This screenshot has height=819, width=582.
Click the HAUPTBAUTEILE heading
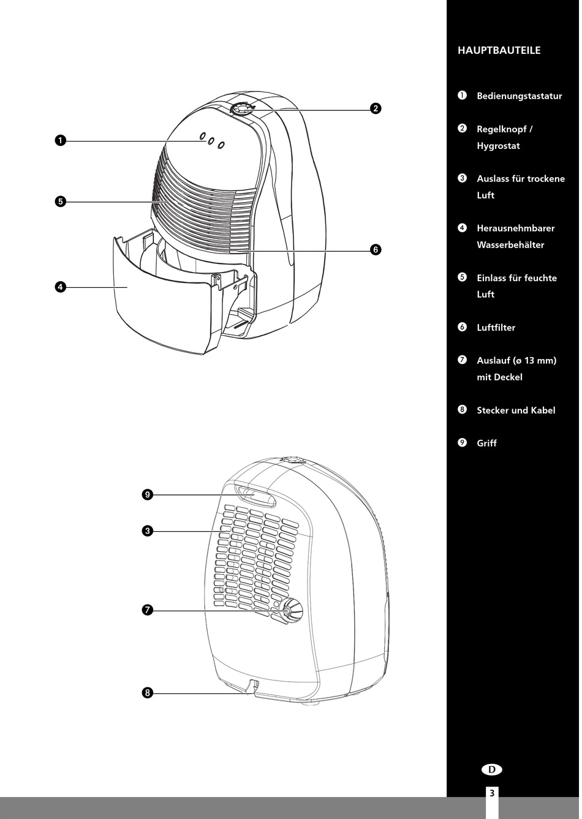[499, 51]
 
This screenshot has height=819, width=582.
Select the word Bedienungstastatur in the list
[519, 96]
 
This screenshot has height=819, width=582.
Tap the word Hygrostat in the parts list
[498, 146]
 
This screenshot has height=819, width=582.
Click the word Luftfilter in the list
[496, 328]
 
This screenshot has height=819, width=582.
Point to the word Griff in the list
[486, 443]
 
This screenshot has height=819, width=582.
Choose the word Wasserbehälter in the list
[510, 245]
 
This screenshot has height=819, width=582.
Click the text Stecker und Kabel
[516, 410]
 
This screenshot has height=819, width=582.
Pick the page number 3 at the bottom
[491, 793]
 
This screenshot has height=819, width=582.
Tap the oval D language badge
[491, 770]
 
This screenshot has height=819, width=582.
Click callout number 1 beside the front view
[60, 141]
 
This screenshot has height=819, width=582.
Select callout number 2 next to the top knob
[376, 109]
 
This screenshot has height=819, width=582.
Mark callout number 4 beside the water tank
[60, 287]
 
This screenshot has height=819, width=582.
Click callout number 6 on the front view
[376, 249]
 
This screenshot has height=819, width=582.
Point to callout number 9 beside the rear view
[147, 495]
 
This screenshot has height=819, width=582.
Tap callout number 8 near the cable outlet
[147, 693]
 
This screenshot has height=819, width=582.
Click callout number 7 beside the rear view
[147, 610]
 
